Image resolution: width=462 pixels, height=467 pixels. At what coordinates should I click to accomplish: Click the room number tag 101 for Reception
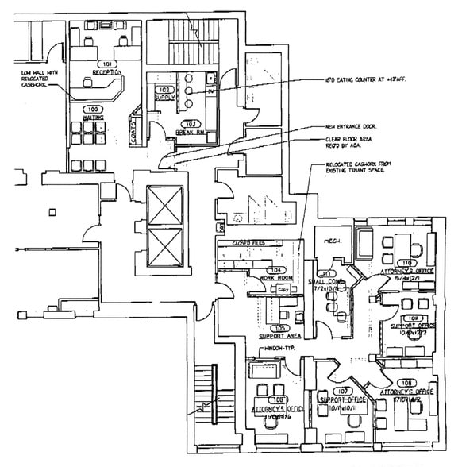[x=106, y=62]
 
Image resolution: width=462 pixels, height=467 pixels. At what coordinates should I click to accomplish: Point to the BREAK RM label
[x=191, y=132]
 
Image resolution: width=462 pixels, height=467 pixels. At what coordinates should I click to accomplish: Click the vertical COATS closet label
[x=135, y=127]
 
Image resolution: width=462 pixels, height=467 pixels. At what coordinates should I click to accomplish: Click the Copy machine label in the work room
[x=282, y=291]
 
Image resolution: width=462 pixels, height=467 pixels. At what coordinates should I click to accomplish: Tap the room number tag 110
[x=407, y=263]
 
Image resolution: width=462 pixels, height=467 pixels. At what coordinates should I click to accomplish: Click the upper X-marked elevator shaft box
[x=164, y=206]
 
